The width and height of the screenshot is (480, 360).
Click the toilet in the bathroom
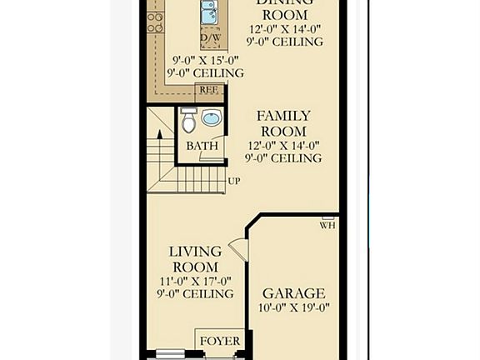pos(189,122)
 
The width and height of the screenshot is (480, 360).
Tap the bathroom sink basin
pos(212,118)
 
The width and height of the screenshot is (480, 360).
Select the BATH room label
pos(202,146)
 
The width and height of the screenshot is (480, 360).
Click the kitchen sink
pos(209,12)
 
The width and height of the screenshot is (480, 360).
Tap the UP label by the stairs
pos(234,180)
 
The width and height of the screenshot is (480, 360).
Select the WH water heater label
pos(327,225)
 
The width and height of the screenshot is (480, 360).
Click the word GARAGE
pos(293,293)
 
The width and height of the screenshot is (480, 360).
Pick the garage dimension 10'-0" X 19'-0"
pos(293,307)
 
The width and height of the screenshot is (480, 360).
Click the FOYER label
pos(221,341)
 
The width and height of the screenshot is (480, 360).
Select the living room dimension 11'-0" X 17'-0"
pos(195,281)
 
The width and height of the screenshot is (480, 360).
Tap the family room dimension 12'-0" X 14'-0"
pos(283,145)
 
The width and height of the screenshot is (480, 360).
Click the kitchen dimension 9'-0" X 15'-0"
pos(206,60)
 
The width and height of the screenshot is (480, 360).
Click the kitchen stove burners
pos(155,21)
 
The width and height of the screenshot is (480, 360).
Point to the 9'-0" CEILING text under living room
pos(195,294)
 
